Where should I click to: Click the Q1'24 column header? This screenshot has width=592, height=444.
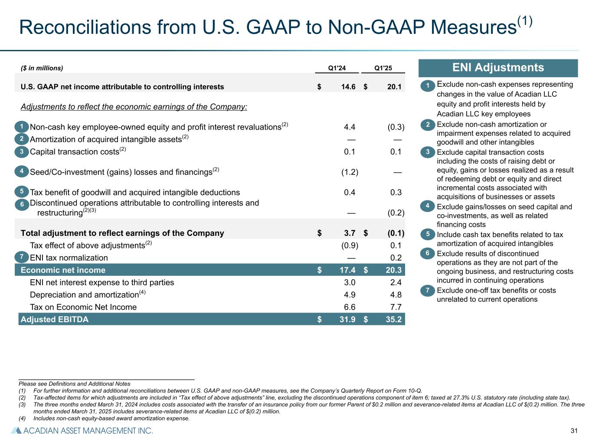coord(337,68)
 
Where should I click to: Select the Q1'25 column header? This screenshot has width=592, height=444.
coord(383,68)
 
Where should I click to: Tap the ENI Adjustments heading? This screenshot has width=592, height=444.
coord(498,68)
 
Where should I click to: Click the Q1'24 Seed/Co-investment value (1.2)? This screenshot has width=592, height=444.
coord(350,172)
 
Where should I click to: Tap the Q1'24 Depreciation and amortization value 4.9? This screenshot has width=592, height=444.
coord(350,295)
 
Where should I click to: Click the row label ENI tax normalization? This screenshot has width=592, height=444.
coord(69,258)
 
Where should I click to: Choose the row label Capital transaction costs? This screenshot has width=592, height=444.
coord(74,152)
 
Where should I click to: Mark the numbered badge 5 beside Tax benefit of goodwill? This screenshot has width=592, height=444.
coord(21,191)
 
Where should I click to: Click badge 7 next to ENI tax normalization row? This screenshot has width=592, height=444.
coord(21,257)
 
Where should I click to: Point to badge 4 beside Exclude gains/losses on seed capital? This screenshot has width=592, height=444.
coord(428,206)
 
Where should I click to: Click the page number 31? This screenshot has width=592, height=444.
coord(574,431)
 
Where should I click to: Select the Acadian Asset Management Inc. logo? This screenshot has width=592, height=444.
coord(82,431)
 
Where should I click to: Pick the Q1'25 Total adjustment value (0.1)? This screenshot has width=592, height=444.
coord(396,233)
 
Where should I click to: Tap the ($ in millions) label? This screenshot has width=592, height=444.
coord(42,68)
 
